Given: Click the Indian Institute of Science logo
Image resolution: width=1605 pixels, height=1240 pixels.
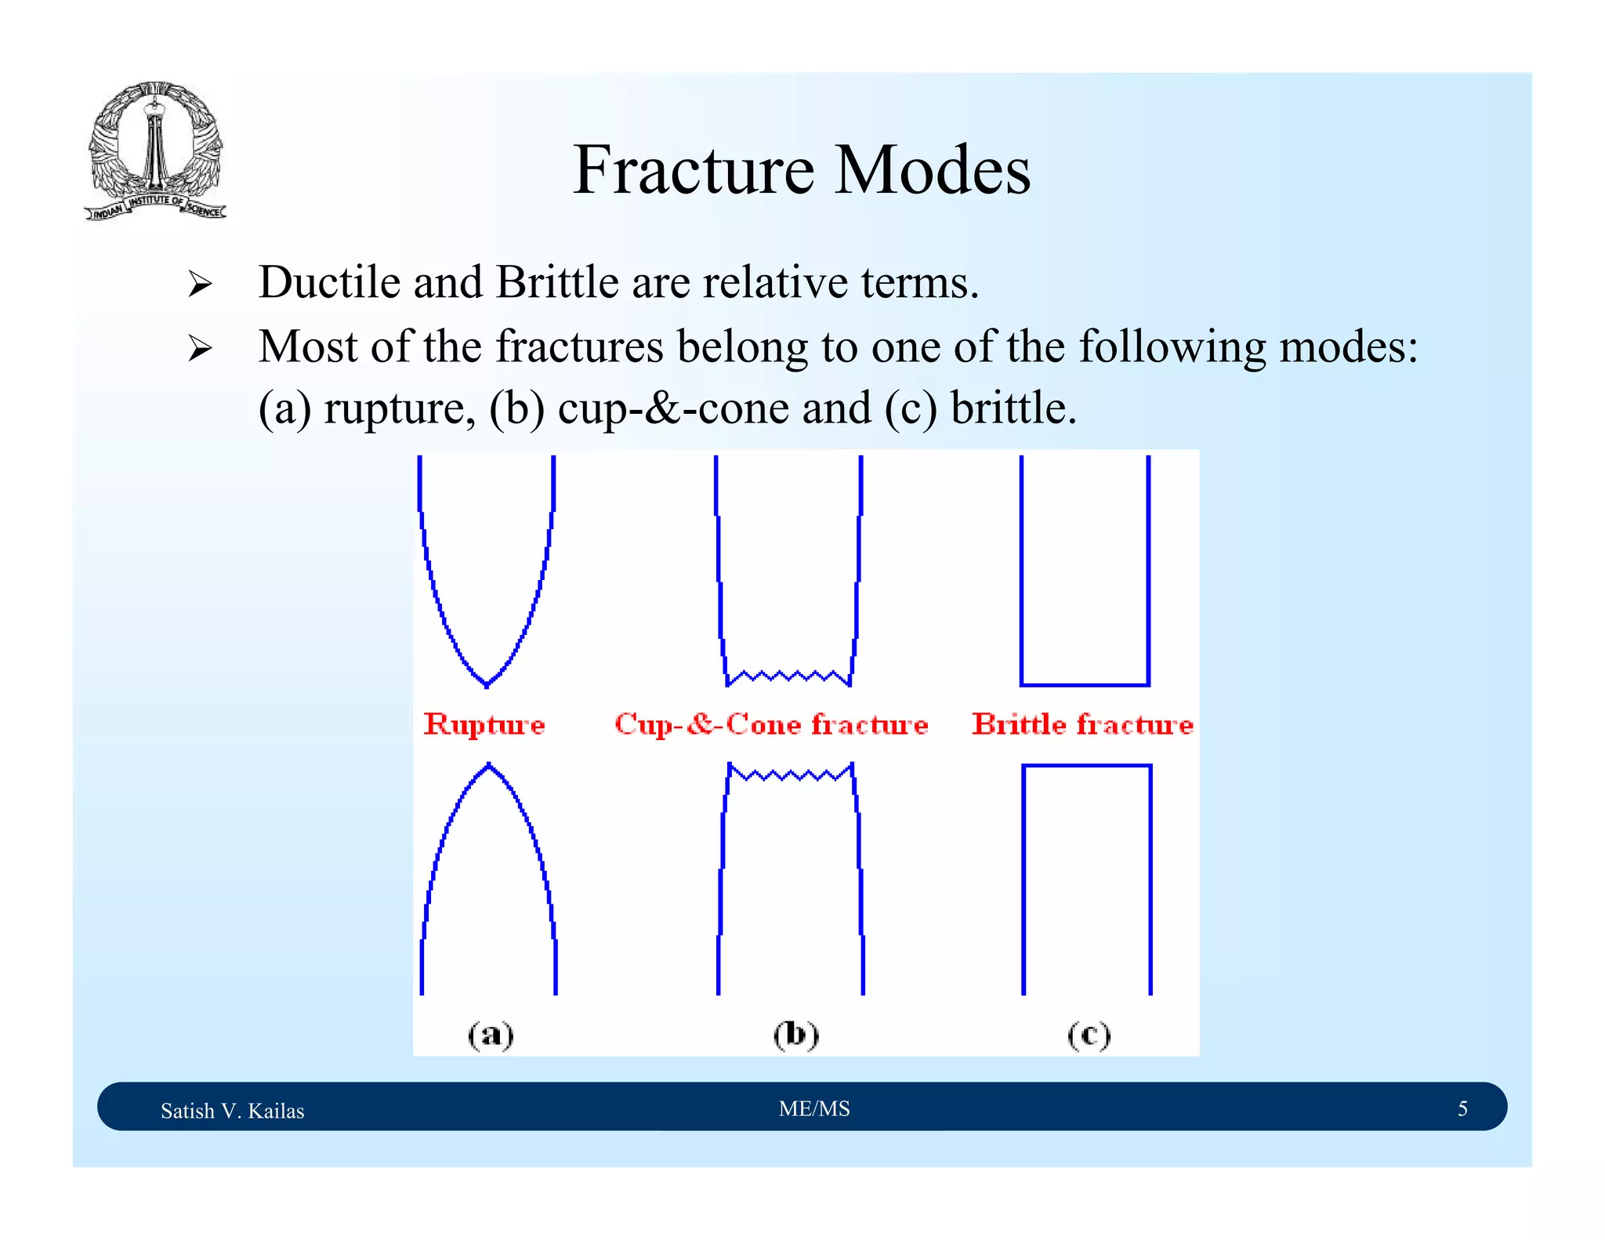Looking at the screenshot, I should pyautogui.click(x=154, y=151).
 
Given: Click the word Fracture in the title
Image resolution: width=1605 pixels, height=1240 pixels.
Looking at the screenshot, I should pyautogui.click(x=693, y=170).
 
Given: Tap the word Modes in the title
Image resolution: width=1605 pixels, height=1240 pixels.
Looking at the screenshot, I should pyautogui.click(x=932, y=170).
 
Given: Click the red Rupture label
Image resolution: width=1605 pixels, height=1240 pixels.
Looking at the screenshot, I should pyautogui.click(x=484, y=724).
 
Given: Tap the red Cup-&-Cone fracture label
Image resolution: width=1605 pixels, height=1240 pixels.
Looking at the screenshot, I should pyautogui.click(x=771, y=724).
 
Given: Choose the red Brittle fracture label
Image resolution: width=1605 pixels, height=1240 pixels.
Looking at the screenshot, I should pyautogui.click(x=1082, y=724).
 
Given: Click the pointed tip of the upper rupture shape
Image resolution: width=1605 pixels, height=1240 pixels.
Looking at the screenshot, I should pyautogui.click(x=487, y=684).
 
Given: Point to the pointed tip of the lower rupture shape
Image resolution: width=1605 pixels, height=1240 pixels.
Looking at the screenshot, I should pyautogui.click(x=489, y=765).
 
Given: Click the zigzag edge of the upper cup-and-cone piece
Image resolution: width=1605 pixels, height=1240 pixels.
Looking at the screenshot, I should pyautogui.click(x=788, y=676).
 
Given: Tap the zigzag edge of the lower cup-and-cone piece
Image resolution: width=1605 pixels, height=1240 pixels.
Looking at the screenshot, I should pyautogui.click(x=790, y=775).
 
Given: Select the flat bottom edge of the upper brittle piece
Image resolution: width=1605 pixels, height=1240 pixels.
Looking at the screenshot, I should pyautogui.click(x=1085, y=684).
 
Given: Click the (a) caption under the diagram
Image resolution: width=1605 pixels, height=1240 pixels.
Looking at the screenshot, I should pyautogui.click(x=491, y=1035).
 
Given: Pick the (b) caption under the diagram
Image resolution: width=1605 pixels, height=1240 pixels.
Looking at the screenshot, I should pyautogui.click(x=795, y=1035).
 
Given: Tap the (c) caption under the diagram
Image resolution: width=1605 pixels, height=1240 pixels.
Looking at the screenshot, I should pyautogui.click(x=1089, y=1035).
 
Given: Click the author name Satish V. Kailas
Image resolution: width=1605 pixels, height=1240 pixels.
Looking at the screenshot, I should pyautogui.click(x=232, y=1111).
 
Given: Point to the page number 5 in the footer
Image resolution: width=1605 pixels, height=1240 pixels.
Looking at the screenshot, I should pyautogui.click(x=1462, y=1108).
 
